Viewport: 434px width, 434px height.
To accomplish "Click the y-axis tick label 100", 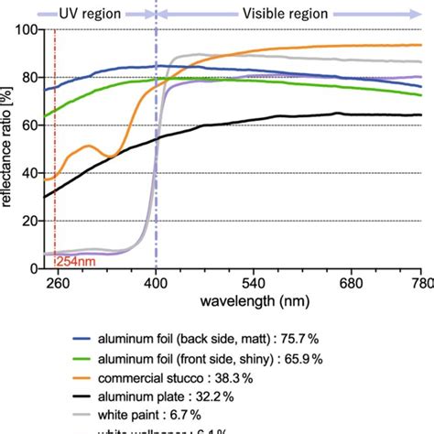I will click(x=27, y=29).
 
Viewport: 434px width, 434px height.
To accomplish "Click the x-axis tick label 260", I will click(x=57, y=285).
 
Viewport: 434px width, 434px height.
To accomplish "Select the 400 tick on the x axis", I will click(x=157, y=285).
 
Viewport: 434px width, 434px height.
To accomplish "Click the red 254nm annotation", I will click(x=77, y=263).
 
